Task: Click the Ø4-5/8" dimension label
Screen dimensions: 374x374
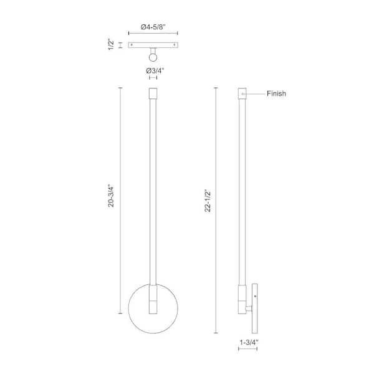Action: [x=153, y=27]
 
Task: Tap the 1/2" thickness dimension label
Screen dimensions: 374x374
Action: [x=111, y=44]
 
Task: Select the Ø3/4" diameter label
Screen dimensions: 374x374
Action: [x=155, y=71]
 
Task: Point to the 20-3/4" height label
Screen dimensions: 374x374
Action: [x=111, y=196]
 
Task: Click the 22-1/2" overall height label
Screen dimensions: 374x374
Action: [x=208, y=201]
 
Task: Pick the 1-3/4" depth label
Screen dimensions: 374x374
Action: [x=249, y=342]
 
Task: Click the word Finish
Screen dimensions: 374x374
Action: [x=276, y=93]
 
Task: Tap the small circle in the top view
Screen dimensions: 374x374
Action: [x=153, y=57]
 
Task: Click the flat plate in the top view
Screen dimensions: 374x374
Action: [x=153, y=45]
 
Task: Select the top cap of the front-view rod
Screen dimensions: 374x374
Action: [x=153, y=93]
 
